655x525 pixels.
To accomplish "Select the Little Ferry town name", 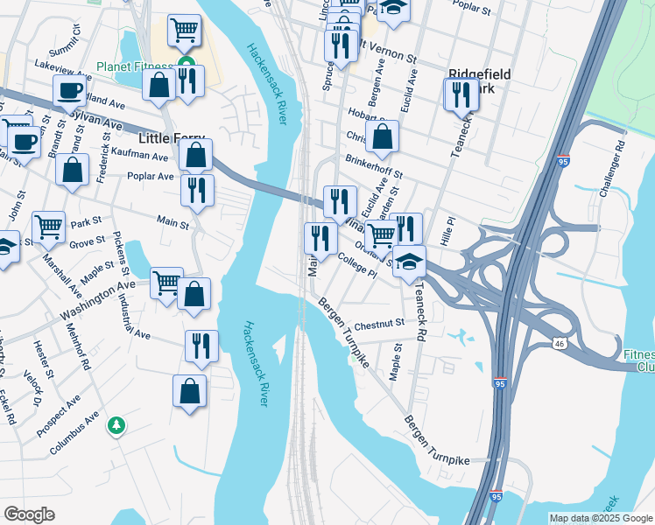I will (172, 138).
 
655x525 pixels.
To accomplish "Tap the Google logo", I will (29, 514).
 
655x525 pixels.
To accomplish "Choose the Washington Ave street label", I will (98, 299).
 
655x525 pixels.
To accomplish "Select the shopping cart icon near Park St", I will (48, 227).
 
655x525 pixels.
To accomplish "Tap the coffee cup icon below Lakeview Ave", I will (69, 90).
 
